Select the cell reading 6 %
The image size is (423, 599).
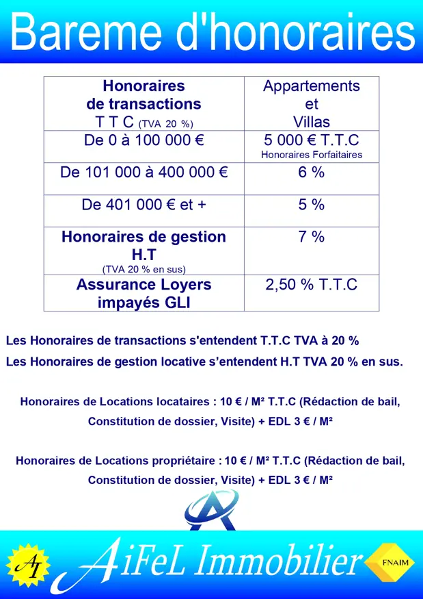coord(312,173)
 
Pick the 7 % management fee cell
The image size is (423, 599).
coord(312,237)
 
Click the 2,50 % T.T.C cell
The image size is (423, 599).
coord(312,285)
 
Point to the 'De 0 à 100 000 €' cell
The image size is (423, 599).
coord(144,140)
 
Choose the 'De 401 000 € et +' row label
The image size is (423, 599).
coord(144,205)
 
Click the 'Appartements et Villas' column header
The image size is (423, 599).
coord(312,104)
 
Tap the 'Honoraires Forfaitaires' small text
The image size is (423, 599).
coord(312,155)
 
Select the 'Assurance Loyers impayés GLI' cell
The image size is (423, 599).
coord(144,293)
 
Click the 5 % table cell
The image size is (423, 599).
coord(312,205)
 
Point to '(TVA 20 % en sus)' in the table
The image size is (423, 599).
coord(144,268)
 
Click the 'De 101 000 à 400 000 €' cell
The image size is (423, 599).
coord(144,173)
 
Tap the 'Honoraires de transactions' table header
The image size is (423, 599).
coord(144,96)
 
